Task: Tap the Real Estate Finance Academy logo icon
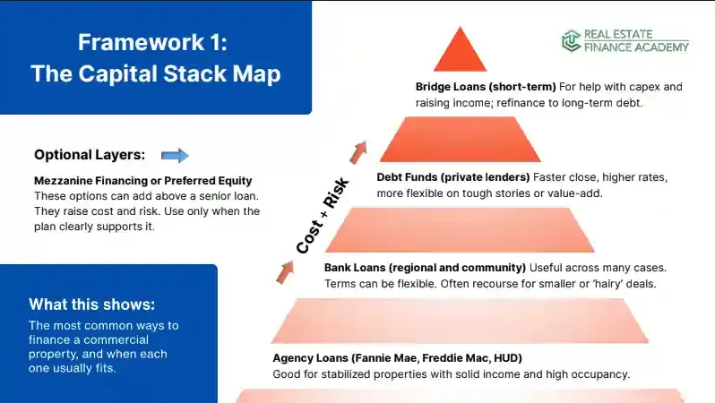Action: pyautogui.click(x=571, y=40)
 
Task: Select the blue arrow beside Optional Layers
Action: pyautogui.click(x=175, y=155)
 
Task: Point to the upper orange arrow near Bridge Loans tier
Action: pyautogui.click(x=359, y=150)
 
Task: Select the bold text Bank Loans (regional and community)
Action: pyautogui.click(x=425, y=268)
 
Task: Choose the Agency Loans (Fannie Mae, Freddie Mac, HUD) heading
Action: pyautogui.click(x=409, y=358)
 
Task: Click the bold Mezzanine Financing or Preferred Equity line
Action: pyautogui.click(x=143, y=181)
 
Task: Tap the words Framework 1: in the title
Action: pyautogui.click(x=156, y=42)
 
